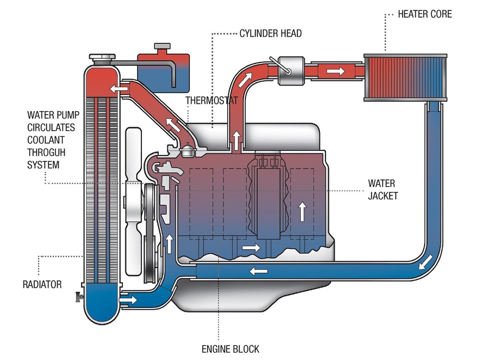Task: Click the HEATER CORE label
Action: click(x=425, y=14)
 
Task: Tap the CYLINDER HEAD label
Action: click(x=270, y=33)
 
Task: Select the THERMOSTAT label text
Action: click(x=212, y=101)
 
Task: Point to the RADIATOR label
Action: click(x=42, y=284)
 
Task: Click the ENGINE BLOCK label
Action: click(x=230, y=349)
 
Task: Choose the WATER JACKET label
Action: click(x=382, y=189)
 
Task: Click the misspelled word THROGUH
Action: click(x=46, y=152)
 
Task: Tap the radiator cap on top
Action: click(x=102, y=58)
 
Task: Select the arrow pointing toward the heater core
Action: click(x=336, y=70)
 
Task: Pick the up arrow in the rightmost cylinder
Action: click(x=303, y=212)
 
